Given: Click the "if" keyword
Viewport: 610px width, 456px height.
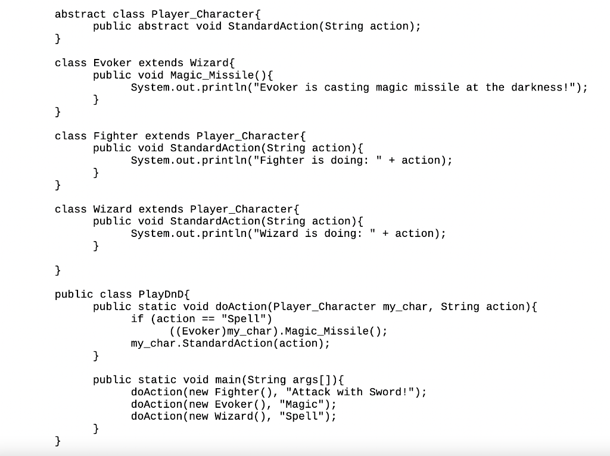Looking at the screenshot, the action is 138,318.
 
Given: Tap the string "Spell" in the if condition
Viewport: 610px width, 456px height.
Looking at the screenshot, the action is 244,318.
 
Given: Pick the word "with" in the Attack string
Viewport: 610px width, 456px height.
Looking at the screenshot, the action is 350,392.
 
